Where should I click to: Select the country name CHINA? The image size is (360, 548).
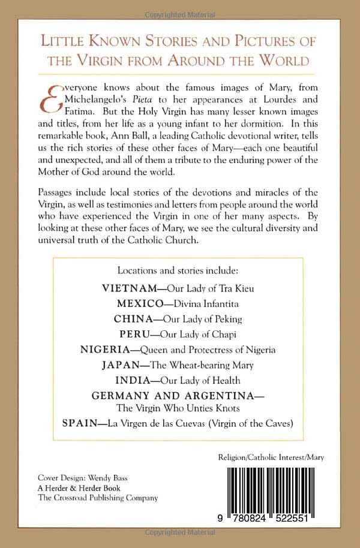pyautogui.click(x=136, y=319)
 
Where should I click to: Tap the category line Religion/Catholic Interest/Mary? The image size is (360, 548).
pyautogui.click(x=271, y=457)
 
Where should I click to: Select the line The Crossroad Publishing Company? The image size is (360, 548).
pyautogui.click(x=97, y=497)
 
